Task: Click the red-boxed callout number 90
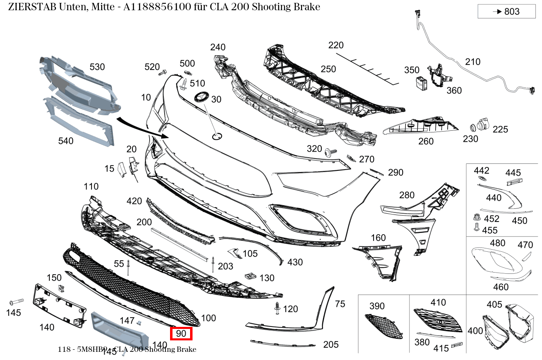181,333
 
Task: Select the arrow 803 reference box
506,11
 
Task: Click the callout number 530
97,67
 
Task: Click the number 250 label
328,69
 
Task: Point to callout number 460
501,287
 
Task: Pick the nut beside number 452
476,217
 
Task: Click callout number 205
331,344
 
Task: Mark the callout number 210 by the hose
473,62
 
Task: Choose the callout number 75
340,304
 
